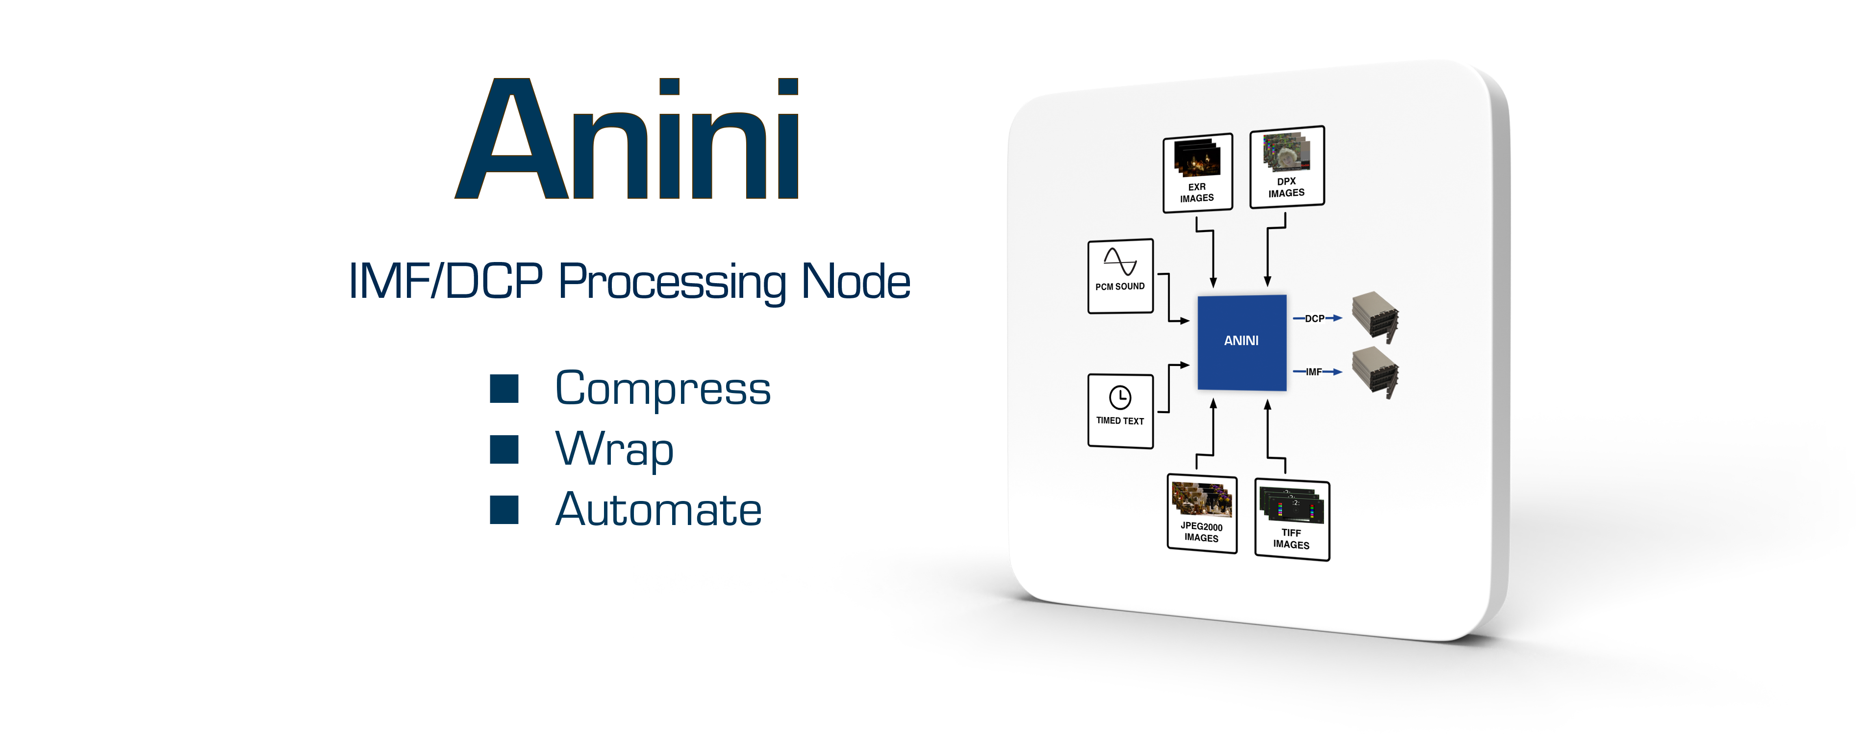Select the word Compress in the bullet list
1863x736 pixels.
click(x=662, y=390)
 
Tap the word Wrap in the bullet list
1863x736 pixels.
click(x=615, y=449)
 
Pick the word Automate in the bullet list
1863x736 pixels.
click(x=658, y=509)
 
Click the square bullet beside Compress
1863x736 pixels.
click(x=504, y=389)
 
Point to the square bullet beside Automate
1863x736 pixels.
click(x=504, y=509)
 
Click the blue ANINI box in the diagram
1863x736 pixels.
click(x=1241, y=341)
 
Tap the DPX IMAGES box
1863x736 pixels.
click(x=1286, y=167)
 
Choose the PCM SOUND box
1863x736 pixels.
click(x=1120, y=276)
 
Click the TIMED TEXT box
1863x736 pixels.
click(x=1120, y=410)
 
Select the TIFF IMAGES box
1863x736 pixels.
click(x=1292, y=519)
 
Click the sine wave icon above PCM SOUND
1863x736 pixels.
click(x=1120, y=261)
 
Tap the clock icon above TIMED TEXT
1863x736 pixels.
click(x=1120, y=396)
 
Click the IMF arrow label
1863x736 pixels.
click(x=1314, y=372)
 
